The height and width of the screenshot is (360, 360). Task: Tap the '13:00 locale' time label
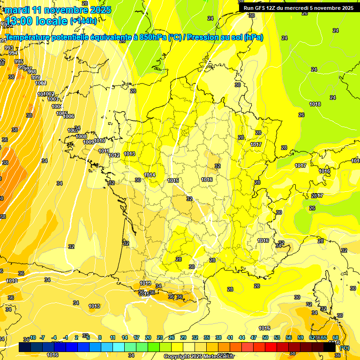pyautogui.click(x=37, y=21)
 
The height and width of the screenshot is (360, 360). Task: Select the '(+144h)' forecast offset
pyautogui.click(x=83, y=21)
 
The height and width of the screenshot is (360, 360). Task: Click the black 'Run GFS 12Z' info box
pyautogui.click(x=299, y=7)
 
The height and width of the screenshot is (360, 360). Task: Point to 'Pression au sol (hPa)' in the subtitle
pyautogui.click(x=225, y=37)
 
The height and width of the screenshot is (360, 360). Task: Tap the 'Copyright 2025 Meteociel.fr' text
pyautogui.click(x=199, y=356)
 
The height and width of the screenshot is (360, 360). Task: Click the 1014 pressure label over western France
pyautogui.click(x=150, y=175)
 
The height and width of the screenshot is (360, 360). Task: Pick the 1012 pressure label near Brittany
pyautogui.click(x=114, y=155)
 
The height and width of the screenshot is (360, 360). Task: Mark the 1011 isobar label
pyautogui.click(x=104, y=151)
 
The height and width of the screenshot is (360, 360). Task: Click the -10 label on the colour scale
pyautogui.click(x=32, y=337)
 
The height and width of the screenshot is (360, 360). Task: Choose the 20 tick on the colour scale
pyautogui.click(x=148, y=337)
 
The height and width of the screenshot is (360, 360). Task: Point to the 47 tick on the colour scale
pyautogui.click(x=254, y=337)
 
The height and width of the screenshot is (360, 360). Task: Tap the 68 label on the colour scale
pyautogui.click(x=335, y=337)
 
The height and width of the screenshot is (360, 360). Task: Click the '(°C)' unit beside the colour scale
pyautogui.click(x=345, y=347)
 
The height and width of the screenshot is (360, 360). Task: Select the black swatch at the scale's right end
pyautogui.click(x=330, y=347)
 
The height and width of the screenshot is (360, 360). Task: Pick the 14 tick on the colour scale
pyautogui.click(x=125, y=337)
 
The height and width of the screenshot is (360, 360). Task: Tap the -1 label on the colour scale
pyautogui.click(x=66, y=337)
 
